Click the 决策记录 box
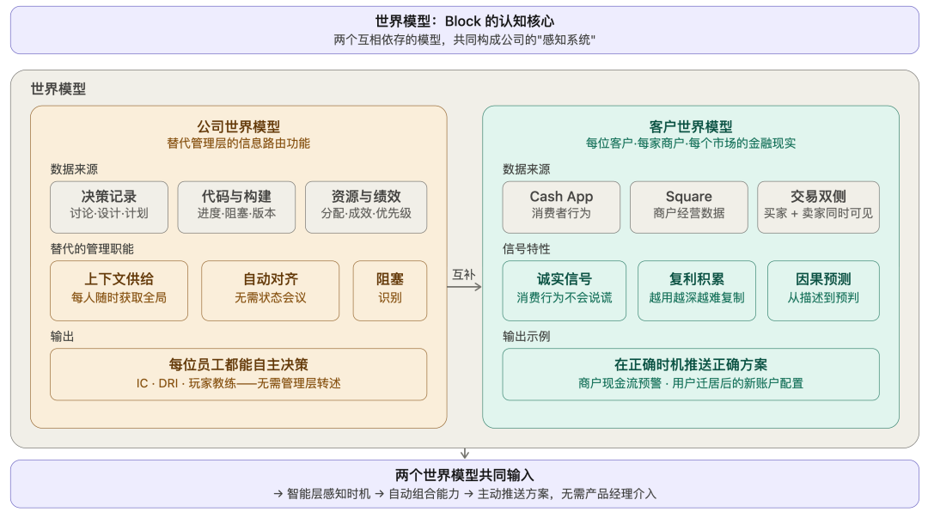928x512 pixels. click(109, 206)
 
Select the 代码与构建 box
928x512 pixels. click(236, 206)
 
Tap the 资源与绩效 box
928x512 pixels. click(365, 206)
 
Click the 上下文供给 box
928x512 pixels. click(119, 290)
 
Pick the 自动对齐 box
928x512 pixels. click(270, 290)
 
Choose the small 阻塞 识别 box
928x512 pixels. click(389, 290)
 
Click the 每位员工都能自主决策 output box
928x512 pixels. click(238, 374)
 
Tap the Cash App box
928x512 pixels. click(561, 206)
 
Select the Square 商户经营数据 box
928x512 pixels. click(688, 206)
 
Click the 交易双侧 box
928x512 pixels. click(817, 206)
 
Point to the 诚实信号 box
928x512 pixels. click(564, 290)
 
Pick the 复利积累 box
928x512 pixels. click(696, 290)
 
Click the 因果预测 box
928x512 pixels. click(822, 290)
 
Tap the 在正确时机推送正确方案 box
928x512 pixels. click(690, 374)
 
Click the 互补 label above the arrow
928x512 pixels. click(464, 274)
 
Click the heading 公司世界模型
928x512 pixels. click(238, 126)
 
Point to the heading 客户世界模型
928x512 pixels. click(690, 126)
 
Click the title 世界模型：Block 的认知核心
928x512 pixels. click(464, 21)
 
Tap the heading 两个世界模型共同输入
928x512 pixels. click(464, 475)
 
